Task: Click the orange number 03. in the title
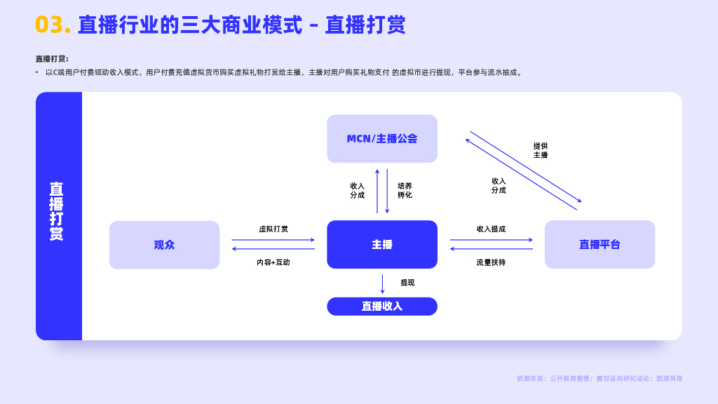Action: pos(53,25)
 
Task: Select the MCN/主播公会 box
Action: pos(382,139)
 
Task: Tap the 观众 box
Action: pos(164,245)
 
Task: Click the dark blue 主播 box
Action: pos(382,245)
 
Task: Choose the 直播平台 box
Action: pos(600,245)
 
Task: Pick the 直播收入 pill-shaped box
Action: pos(382,307)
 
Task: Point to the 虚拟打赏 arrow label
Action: pos(273,229)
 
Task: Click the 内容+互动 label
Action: pos(273,262)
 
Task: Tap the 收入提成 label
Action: pos(491,229)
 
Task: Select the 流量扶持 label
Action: pos(491,262)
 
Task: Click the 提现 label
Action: pos(407,283)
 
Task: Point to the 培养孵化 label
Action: pos(405,190)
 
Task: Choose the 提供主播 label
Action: pos(540,150)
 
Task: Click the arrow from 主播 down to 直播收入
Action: pos(382,283)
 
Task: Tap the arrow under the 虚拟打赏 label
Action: pos(273,240)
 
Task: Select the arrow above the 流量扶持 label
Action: pos(491,249)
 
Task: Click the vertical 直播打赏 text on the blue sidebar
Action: pos(57,211)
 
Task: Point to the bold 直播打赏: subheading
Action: pos(52,59)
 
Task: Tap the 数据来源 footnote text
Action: pos(599,379)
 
